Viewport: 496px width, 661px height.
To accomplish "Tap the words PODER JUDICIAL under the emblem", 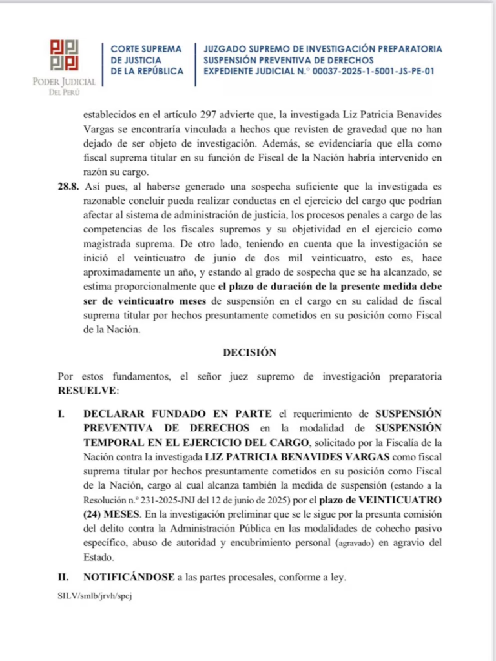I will point(64,82).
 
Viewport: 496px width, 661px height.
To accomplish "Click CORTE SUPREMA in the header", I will point(143,49).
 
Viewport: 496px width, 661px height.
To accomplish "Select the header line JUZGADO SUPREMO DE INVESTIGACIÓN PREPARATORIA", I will point(323,49).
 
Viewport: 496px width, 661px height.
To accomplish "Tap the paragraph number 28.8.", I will point(68,187).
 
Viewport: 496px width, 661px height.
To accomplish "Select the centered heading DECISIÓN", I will point(249,352).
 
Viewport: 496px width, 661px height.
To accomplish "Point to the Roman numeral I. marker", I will point(61,412).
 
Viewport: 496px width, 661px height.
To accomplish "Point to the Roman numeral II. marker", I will point(63,577).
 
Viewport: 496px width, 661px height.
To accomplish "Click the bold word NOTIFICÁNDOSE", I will point(129,577).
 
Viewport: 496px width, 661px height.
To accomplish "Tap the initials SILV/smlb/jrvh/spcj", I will point(94,595).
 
